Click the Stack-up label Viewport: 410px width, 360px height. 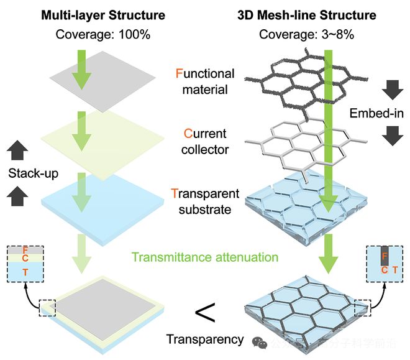pyautogui.click(x=25, y=173)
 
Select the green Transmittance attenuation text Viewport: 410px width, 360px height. pyautogui.click(x=204, y=256)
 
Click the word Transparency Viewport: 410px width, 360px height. pyautogui.click(x=205, y=339)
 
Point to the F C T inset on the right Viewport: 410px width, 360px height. pyautogui.click(x=385, y=262)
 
